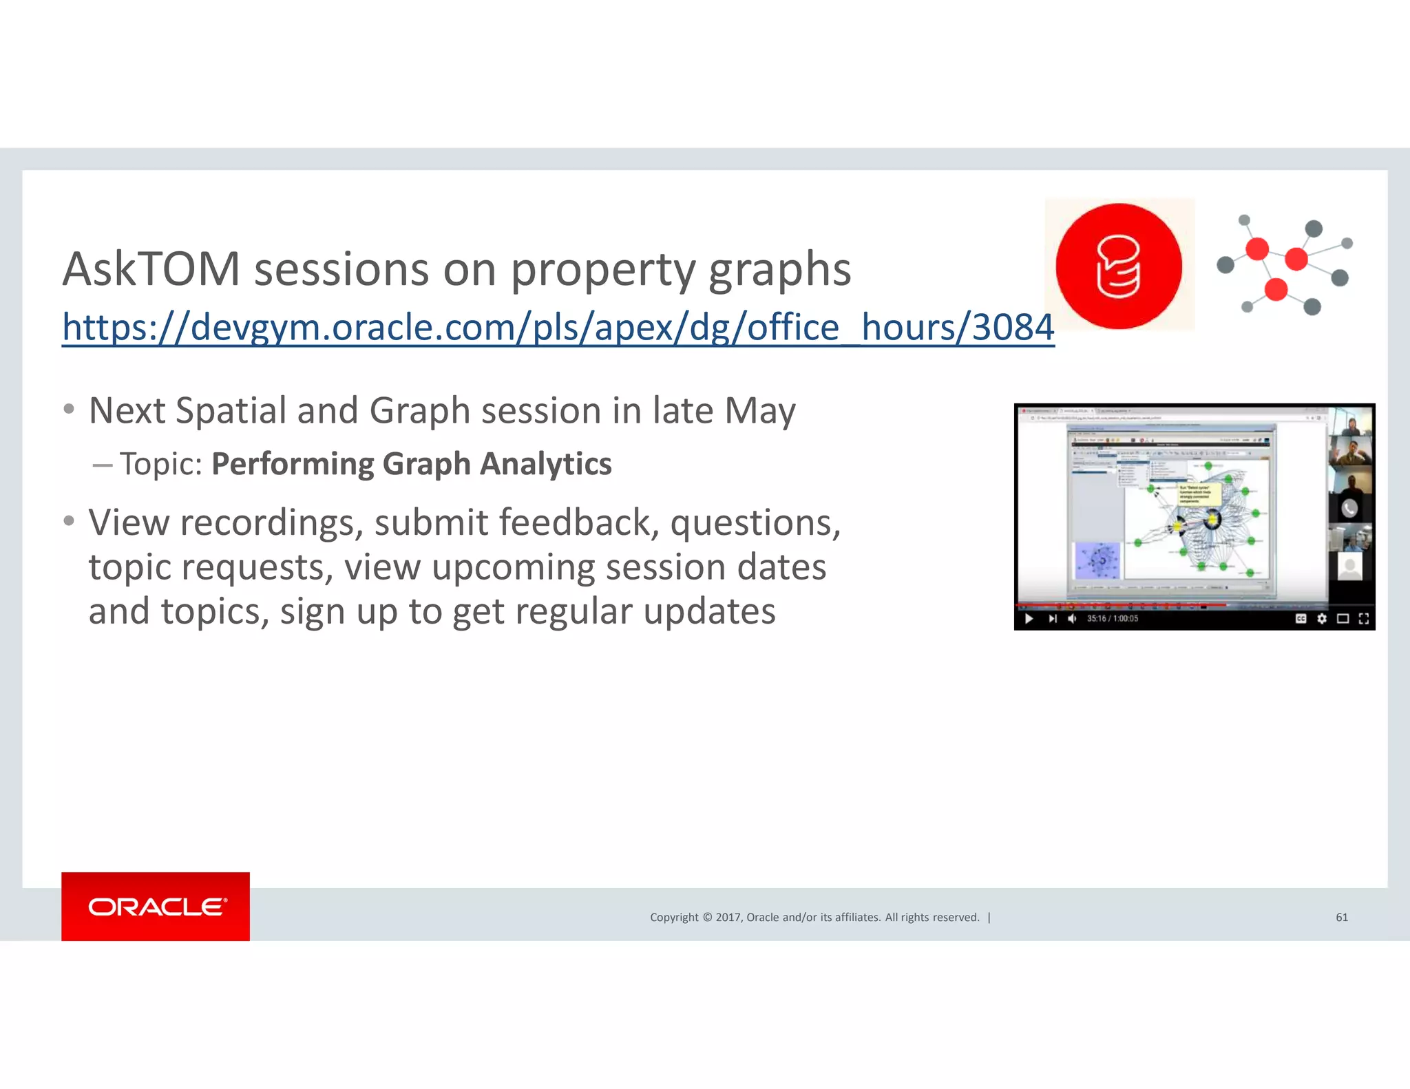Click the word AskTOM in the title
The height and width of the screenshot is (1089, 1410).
(x=151, y=269)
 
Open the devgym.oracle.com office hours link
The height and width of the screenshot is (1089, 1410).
(x=558, y=328)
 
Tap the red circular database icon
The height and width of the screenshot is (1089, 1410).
(x=1119, y=266)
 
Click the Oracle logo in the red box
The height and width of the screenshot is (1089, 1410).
(x=156, y=907)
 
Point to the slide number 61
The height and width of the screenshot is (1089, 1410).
(x=1341, y=917)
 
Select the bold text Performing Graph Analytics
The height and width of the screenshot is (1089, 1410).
(x=411, y=464)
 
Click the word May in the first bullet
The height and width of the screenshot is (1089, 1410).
(x=760, y=411)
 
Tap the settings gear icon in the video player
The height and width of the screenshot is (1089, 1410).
(x=1321, y=618)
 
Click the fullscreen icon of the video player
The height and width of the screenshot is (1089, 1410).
(x=1363, y=618)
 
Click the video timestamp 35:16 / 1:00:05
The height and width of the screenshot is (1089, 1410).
(x=1112, y=618)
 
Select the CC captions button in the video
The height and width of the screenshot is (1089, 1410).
(x=1301, y=618)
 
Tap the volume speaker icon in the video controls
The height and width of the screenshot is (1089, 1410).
(x=1072, y=618)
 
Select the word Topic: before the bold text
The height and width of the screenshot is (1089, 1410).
(x=161, y=464)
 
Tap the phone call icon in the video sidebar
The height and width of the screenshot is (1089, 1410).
(x=1349, y=508)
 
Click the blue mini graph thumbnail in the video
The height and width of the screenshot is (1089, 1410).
(x=1097, y=560)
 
